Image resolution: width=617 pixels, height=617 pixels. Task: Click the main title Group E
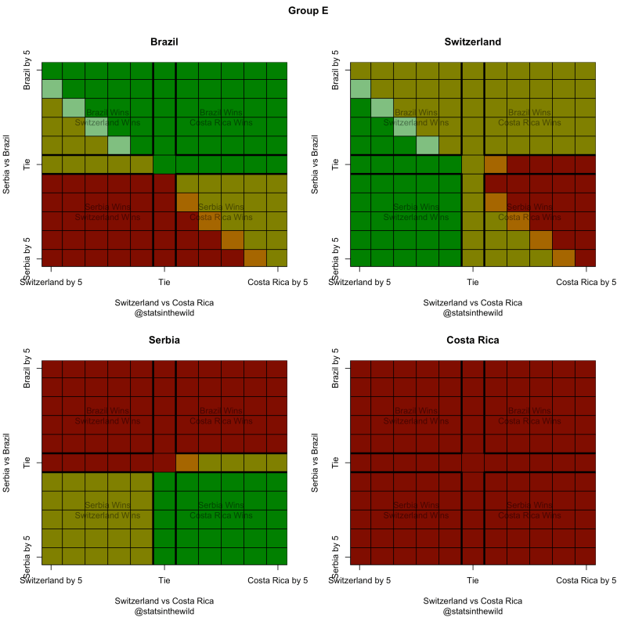click(x=308, y=12)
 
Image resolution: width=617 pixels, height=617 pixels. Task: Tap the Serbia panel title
click(x=164, y=341)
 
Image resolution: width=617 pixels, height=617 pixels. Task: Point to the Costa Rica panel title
click(x=472, y=341)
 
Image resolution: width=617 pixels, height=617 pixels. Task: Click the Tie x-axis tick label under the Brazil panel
click(x=164, y=282)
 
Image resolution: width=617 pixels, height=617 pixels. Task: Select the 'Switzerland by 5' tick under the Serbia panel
click(x=51, y=581)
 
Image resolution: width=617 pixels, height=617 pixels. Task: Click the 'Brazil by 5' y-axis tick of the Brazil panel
click(x=27, y=70)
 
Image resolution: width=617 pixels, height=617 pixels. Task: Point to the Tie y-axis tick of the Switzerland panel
click(x=336, y=164)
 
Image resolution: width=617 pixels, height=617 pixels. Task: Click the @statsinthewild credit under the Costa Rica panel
click(x=472, y=611)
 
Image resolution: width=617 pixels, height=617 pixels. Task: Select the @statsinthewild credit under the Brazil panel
click(x=164, y=312)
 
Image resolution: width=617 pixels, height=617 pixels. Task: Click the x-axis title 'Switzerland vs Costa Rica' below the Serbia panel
click(x=164, y=601)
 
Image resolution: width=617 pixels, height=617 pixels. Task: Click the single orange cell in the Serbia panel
click(x=187, y=463)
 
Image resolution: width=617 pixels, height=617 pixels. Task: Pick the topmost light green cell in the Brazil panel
click(x=52, y=88)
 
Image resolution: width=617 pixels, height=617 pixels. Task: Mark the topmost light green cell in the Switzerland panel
click(x=360, y=88)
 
